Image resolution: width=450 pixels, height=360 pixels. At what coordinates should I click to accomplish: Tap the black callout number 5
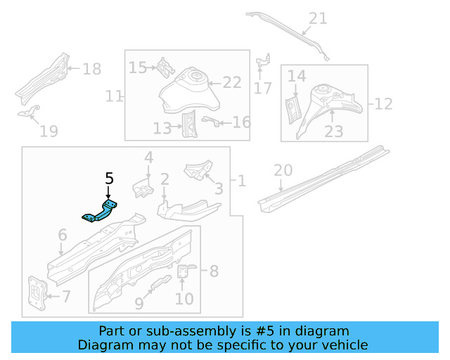pyautogui.click(x=108, y=178)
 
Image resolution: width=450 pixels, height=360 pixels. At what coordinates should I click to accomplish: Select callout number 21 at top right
pyautogui.click(x=318, y=18)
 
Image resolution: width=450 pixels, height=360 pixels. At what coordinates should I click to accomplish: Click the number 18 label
pyautogui.click(x=92, y=69)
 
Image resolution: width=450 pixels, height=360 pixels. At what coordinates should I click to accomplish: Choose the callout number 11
pyautogui.click(x=114, y=96)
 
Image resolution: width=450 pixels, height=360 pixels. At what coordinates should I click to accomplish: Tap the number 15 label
pyautogui.click(x=137, y=67)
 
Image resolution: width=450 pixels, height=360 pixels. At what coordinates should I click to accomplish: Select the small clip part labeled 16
pyautogui.click(x=208, y=121)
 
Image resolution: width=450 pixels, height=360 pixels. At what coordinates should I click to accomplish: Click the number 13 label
pyautogui.click(x=162, y=128)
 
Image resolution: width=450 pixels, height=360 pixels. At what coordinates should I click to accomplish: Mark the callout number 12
pyautogui.click(x=383, y=104)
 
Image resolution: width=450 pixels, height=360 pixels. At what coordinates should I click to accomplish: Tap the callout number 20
pyautogui.click(x=282, y=170)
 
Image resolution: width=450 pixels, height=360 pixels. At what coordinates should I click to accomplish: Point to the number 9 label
pyautogui.click(x=139, y=304)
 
